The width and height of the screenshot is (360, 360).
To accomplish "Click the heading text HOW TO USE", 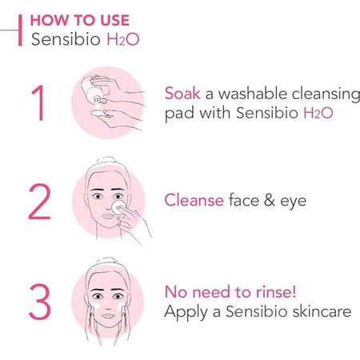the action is [80, 20].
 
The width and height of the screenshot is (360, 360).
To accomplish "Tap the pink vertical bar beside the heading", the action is [20, 30].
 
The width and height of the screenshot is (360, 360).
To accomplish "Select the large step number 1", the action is [38, 102].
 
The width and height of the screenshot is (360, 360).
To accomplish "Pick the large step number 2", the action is [39, 202].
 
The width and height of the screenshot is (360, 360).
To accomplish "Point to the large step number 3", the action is [40, 302].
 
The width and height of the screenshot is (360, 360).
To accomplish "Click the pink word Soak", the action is [182, 94].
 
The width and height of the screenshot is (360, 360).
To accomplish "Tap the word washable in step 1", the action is [253, 94].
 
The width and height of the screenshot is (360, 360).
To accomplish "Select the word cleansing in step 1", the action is [326, 94].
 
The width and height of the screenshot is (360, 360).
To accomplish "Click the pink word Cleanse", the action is [194, 200].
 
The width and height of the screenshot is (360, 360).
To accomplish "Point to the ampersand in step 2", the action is [270, 200].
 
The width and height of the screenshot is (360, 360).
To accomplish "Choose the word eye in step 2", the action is [293, 202].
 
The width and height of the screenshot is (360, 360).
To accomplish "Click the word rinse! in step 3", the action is [276, 292].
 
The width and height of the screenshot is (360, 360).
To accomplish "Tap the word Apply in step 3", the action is [186, 313].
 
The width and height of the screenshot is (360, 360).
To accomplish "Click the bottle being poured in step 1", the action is [94, 90].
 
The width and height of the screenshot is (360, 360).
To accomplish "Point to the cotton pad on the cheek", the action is [118, 207].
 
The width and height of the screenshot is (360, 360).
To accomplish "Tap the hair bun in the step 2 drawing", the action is [106, 160].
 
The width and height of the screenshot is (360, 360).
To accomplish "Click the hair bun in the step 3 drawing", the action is [106, 261].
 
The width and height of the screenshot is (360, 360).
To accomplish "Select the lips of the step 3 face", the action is [108, 316].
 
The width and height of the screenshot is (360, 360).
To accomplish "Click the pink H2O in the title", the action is [123, 39].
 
